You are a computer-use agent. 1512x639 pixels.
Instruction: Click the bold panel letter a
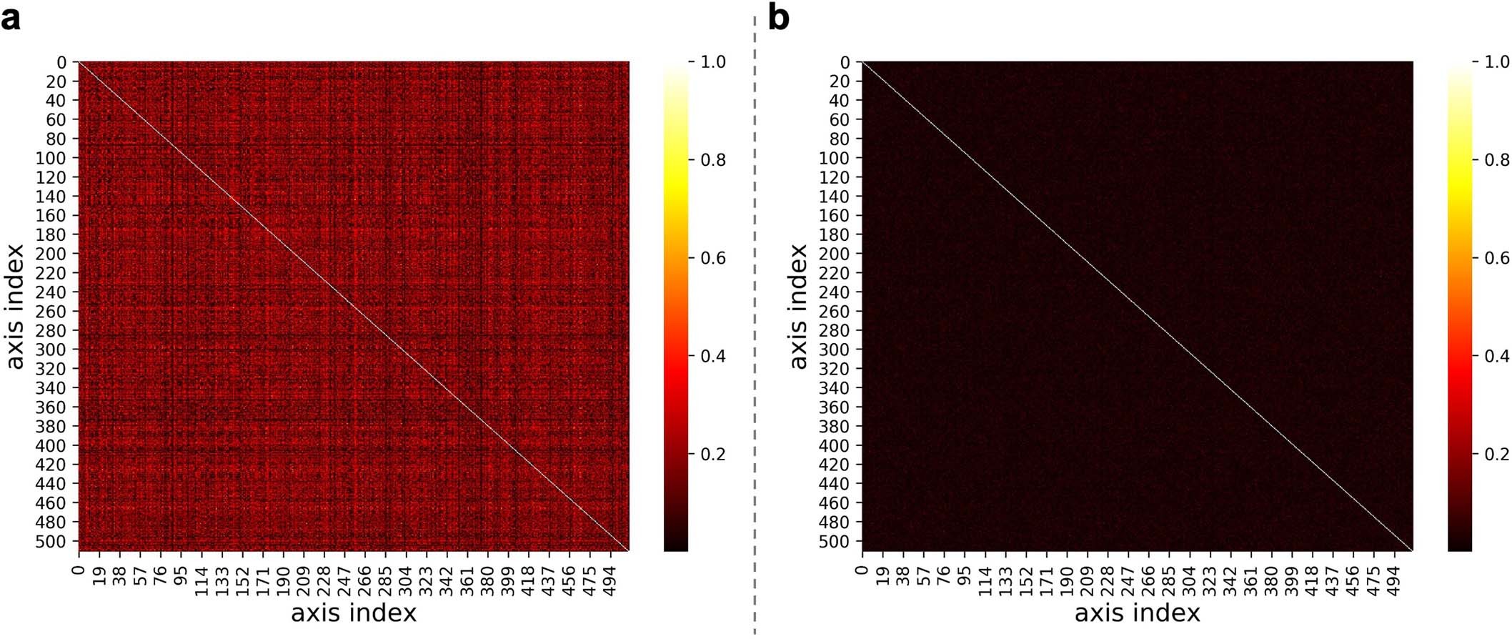(x=11, y=19)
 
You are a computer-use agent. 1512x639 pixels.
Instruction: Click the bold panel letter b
(x=778, y=19)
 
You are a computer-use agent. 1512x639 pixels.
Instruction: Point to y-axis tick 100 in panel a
(x=51, y=158)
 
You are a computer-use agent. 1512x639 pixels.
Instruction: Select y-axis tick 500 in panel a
(x=51, y=541)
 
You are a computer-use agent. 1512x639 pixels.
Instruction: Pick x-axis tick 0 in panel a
(x=79, y=570)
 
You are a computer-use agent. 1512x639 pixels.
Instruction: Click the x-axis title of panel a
(x=353, y=613)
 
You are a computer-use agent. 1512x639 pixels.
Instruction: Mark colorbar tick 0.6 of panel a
(x=712, y=258)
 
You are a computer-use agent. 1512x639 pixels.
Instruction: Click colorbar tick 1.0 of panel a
(x=712, y=62)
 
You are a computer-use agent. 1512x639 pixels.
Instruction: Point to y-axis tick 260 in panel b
(x=834, y=311)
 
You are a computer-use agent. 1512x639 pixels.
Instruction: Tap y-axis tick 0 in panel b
(x=845, y=62)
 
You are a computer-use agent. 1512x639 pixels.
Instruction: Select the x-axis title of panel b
(x=1137, y=613)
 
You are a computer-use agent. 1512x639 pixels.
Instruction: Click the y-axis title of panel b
(x=799, y=307)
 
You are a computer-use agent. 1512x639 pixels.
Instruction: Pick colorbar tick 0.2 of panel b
(x=1496, y=455)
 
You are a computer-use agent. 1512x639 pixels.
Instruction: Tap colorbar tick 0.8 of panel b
(x=1496, y=160)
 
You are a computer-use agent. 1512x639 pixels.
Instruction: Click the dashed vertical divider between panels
(x=755, y=322)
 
